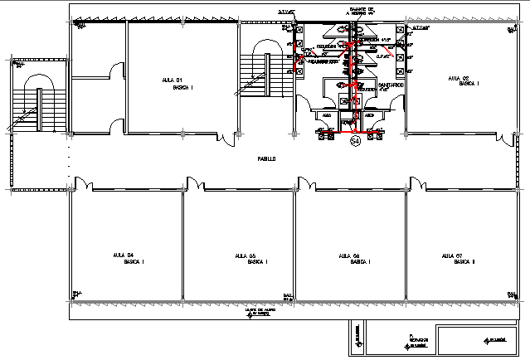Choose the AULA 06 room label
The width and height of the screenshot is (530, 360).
[350, 258]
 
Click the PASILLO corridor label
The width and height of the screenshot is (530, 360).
[265, 158]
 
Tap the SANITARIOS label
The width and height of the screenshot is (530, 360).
[390, 85]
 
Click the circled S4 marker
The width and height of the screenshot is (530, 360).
[355, 143]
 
